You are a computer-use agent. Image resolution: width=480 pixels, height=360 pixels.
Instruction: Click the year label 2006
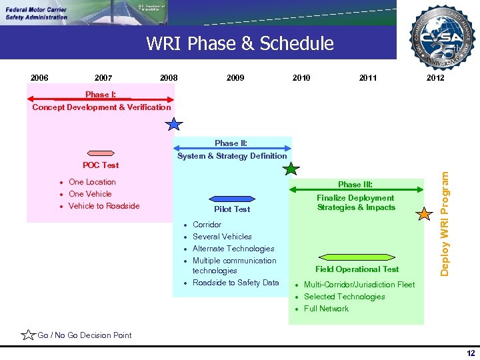(x=39, y=78)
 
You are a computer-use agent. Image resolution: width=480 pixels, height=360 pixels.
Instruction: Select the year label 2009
(x=235, y=78)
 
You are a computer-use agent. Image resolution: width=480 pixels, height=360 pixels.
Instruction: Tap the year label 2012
(x=435, y=78)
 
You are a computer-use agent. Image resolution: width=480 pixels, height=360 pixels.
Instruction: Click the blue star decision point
(x=173, y=125)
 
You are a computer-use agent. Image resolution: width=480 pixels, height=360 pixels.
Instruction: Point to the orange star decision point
(x=424, y=215)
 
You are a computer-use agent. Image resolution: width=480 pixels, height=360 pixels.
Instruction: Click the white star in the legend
(x=29, y=335)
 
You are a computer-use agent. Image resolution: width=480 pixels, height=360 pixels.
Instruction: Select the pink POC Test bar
(x=101, y=153)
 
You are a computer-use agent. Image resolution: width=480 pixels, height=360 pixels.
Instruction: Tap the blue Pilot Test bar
(x=232, y=198)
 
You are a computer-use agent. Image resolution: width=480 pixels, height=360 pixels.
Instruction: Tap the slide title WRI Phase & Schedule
(x=239, y=44)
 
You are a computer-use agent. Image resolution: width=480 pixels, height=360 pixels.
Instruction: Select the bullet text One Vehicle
(x=90, y=194)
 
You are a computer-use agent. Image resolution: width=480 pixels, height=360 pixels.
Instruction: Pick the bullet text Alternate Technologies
(x=233, y=249)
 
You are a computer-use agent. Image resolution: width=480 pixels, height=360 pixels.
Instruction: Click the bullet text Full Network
(x=326, y=309)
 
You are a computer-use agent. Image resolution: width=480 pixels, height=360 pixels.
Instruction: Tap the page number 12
(x=471, y=353)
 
